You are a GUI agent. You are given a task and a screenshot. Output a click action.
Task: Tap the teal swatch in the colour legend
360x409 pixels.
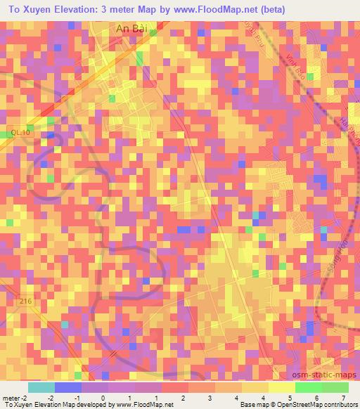coord(41,387)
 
